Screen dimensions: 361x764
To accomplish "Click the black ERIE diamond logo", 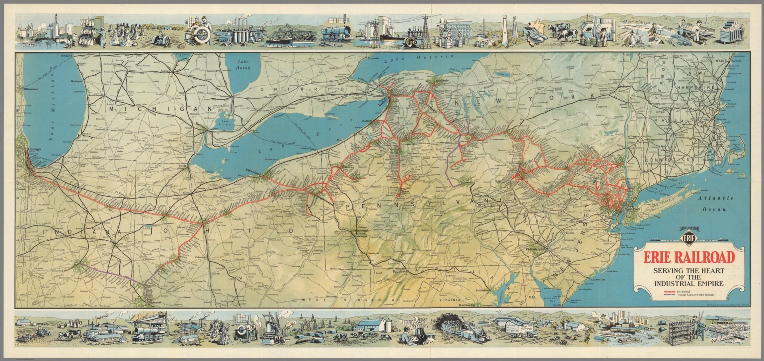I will pyautogui.click(x=689, y=238).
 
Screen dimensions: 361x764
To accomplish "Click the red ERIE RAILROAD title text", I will pyautogui.click(x=689, y=257).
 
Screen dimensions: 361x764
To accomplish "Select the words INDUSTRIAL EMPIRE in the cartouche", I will pyautogui.click(x=689, y=284).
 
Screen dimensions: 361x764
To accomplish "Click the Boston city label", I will pyautogui.click(x=722, y=120).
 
